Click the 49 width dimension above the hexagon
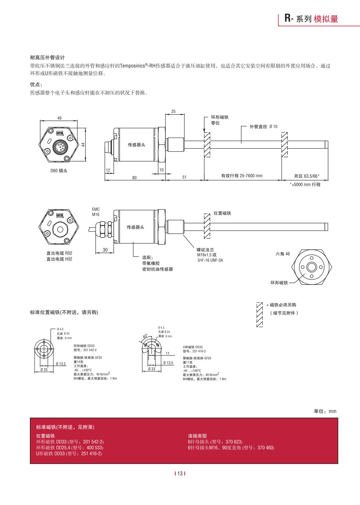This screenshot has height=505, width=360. pyautogui.click(x=59, y=118)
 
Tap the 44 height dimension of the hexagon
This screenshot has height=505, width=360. pyautogui.click(x=83, y=145)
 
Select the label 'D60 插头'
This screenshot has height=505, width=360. pyautogui.click(x=59, y=171)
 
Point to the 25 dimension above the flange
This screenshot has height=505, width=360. pyautogui.click(x=173, y=112)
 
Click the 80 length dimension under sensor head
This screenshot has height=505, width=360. pyautogui.click(x=134, y=178)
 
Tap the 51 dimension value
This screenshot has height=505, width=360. pyautogui.click(x=184, y=177)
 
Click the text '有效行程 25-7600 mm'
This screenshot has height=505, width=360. pyautogui.click(x=242, y=176)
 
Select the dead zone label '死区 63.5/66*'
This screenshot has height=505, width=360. pyautogui.click(x=307, y=176)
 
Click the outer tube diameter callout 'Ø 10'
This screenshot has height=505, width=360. pyautogui.click(x=273, y=126)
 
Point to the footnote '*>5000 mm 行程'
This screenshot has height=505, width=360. pyautogui.click(x=305, y=185)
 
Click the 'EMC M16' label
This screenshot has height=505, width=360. pyautogui.click(x=96, y=212)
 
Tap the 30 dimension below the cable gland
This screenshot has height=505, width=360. pyautogui.click(x=105, y=250)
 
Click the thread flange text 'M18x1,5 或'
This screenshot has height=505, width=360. pyautogui.click(x=207, y=255)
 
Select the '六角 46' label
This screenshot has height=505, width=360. pyautogui.click(x=282, y=254)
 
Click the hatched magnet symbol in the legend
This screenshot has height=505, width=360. pyautogui.click(x=260, y=314)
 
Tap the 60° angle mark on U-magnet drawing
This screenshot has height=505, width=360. pyautogui.click(x=145, y=336)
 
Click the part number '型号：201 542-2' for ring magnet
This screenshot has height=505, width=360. pyautogui.click(x=85, y=350)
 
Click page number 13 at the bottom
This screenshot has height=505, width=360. pyautogui.click(x=180, y=474)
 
